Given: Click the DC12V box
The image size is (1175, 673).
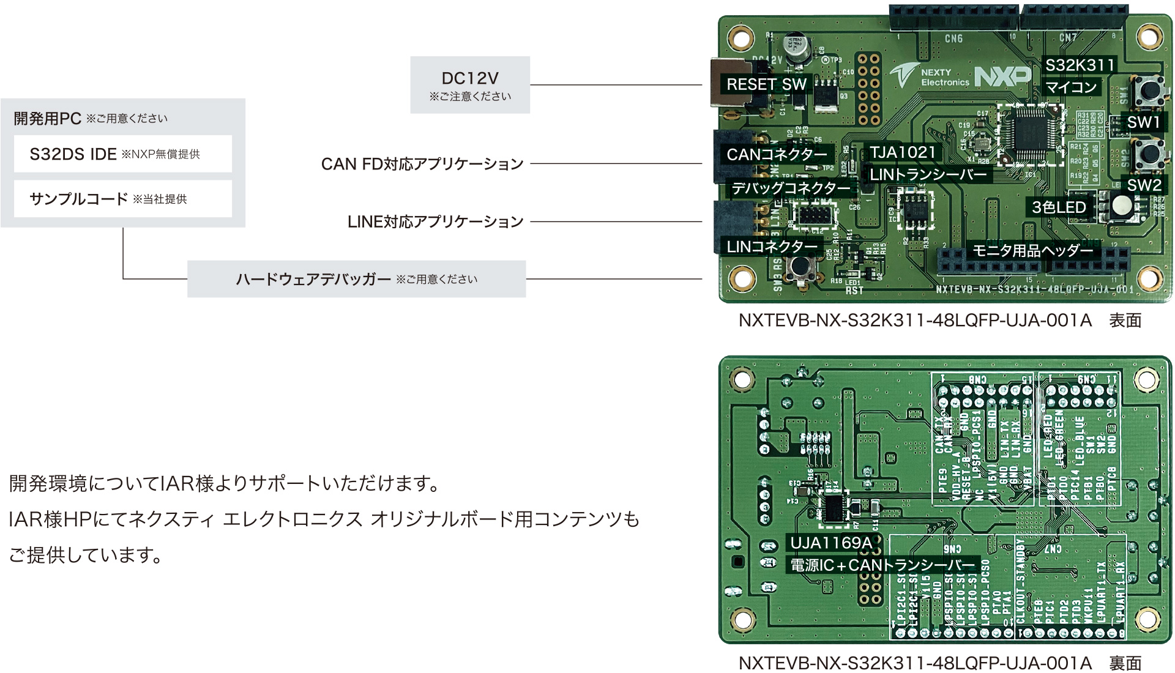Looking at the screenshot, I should pyautogui.click(x=470, y=85).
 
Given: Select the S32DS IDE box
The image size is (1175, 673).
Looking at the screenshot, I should pyautogui.click(x=123, y=154).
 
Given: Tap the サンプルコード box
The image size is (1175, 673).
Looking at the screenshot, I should pyautogui.click(x=123, y=199).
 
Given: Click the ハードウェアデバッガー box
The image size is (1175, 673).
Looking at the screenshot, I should pyautogui.click(x=356, y=279).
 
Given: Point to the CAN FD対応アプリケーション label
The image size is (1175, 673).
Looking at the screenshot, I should pyautogui.click(x=422, y=164).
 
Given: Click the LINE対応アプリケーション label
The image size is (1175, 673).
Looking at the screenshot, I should pyautogui.click(x=435, y=221).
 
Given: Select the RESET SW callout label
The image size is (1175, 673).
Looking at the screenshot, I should pyautogui.click(x=766, y=84).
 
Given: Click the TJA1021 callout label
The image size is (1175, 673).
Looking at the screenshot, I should pyautogui.click(x=903, y=152).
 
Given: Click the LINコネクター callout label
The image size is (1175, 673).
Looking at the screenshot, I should pyautogui.click(x=772, y=247).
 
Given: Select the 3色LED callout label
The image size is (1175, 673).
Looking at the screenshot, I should pyautogui.click(x=1059, y=207).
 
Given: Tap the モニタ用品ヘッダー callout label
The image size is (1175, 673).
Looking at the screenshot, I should pyautogui.click(x=1032, y=250).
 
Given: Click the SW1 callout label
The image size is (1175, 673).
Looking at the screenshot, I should pyautogui.click(x=1143, y=122).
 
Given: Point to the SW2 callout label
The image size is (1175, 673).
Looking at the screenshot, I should pyautogui.click(x=1144, y=185).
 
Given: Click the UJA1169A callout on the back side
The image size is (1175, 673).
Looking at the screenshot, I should pyautogui.click(x=831, y=543).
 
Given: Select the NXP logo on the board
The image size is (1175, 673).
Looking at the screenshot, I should pyautogui.click(x=1002, y=76).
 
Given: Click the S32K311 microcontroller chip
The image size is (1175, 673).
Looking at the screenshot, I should pyautogui.click(x=1031, y=135).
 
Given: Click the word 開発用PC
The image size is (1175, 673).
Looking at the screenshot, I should pyautogui.click(x=47, y=118).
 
